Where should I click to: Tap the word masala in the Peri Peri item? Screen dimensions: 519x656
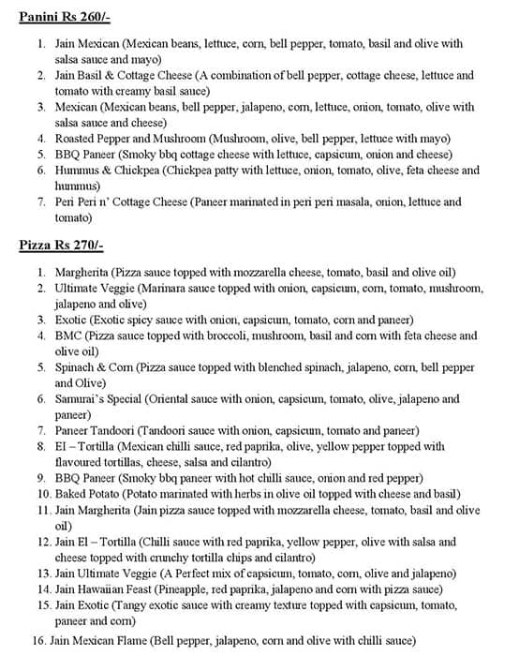pos(352,202)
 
